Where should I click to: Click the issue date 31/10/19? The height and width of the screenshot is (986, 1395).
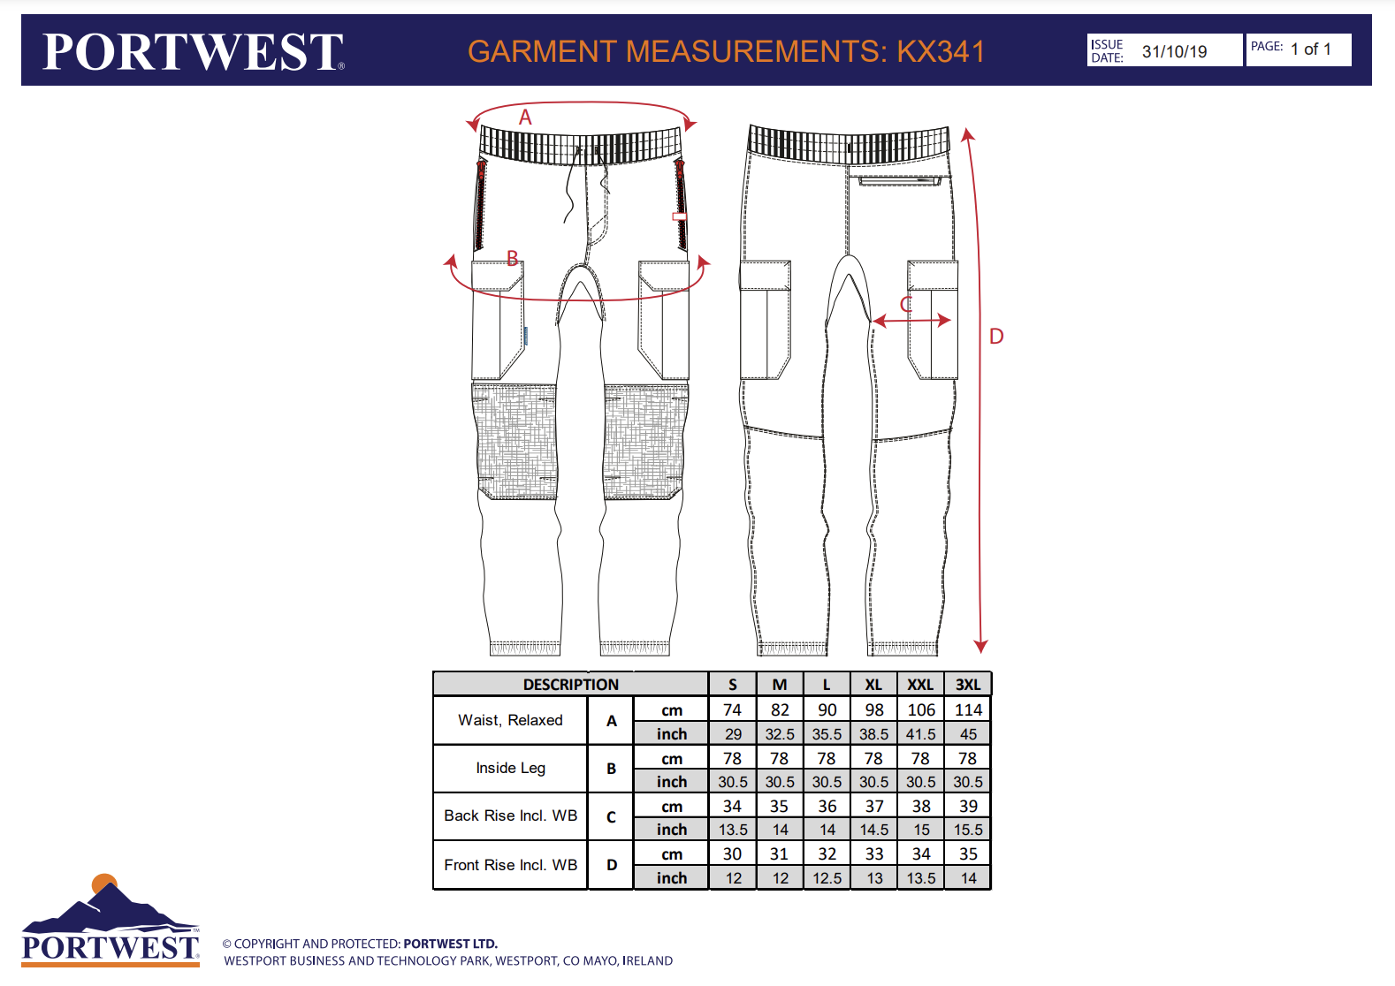click(x=1174, y=51)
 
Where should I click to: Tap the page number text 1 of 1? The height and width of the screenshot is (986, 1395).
click(x=1310, y=49)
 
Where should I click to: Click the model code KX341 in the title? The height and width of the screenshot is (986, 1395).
click(x=941, y=51)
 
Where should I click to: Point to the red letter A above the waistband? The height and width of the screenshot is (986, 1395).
click(x=525, y=117)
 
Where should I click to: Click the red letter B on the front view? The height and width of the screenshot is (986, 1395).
click(x=513, y=258)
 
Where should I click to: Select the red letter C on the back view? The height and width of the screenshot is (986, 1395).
click(x=906, y=305)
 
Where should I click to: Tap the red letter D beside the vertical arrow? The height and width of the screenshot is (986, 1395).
click(x=996, y=337)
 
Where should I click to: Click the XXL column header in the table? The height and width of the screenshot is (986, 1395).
click(x=920, y=685)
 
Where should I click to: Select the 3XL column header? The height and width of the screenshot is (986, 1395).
click(x=968, y=685)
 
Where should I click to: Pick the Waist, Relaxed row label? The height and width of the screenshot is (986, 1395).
click(x=510, y=720)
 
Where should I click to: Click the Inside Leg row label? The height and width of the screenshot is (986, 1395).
click(x=510, y=768)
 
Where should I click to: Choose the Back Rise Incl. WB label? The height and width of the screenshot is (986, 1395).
click(x=510, y=815)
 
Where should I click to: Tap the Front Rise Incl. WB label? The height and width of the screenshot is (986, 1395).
click(x=510, y=865)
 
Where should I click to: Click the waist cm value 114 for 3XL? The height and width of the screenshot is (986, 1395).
click(x=968, y=710)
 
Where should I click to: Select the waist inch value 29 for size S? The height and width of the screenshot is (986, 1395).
click(x=733, y=734)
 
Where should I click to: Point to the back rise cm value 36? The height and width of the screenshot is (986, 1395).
click(x=827, y=807)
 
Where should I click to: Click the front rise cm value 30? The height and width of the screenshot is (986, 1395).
click(x=733, y=854)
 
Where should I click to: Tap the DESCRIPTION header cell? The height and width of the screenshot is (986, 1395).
click(x=570, y=685)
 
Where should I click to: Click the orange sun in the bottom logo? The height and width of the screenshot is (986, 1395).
click(x=104, y=882)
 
